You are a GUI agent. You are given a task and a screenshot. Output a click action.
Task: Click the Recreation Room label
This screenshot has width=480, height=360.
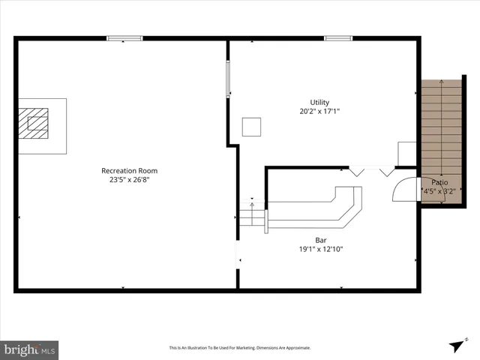[130, 170]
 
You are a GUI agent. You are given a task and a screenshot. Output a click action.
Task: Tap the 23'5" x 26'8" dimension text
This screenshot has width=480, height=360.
[130, 179]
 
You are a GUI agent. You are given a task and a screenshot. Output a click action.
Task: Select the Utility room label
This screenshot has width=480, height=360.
[319, 103]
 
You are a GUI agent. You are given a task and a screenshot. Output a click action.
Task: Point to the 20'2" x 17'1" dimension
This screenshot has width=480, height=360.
[319, 112]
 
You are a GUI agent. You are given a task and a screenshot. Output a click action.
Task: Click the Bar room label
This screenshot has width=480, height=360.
[320, 240]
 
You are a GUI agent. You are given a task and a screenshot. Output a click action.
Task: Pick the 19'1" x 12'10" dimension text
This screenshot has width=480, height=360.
[320, 249]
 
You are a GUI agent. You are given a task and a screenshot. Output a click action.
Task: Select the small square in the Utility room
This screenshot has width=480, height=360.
[252, 127]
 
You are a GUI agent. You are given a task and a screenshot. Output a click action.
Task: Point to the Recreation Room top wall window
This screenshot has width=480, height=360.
[124, 38]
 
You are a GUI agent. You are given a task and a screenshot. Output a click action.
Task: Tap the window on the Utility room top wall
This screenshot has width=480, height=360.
[338, 38]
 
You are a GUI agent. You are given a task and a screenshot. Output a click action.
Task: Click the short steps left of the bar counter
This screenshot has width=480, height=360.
[252, 217]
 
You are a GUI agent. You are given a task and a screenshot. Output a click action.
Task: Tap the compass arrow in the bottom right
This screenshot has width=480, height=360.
[457, 344]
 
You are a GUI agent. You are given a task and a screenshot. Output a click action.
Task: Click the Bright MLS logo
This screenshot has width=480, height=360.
[29, 349]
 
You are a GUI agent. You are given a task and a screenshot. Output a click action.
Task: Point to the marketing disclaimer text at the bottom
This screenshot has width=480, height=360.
[240, 348]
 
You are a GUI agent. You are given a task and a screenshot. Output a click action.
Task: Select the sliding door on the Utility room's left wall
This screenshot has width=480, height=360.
[229, 79]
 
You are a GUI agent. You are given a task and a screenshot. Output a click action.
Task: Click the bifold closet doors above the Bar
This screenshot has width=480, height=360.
[372, 171]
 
